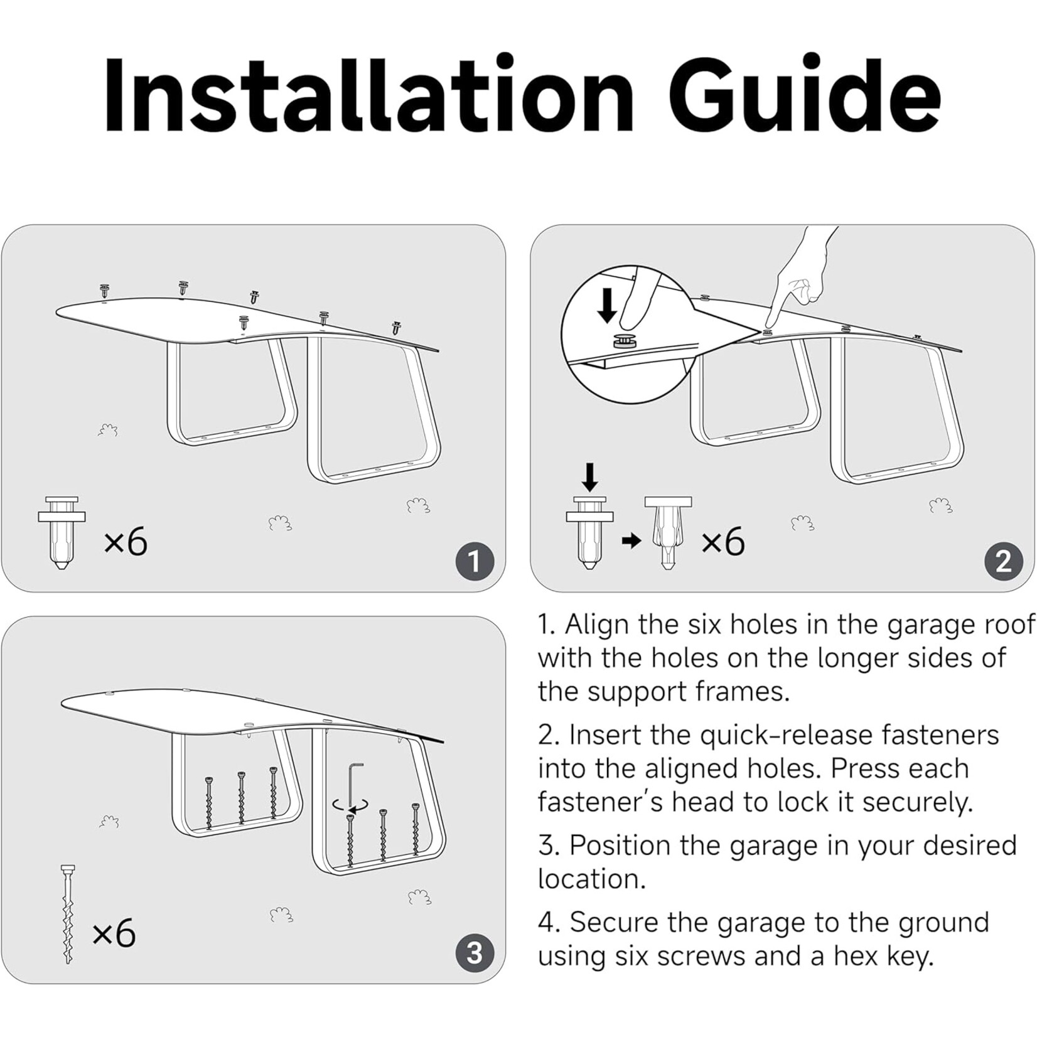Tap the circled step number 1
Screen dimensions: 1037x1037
[x=475, y=561]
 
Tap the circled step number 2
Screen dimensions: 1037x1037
[x=1003, y=561]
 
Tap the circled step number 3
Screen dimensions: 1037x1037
[x=475, y=952]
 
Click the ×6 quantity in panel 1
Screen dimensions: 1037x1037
[x=126, y=541]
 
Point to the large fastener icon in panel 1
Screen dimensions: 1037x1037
[x=62, y=532]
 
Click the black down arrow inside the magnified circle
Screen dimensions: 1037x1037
[x=606, y=305]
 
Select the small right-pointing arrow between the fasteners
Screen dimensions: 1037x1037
[x=631, y=540]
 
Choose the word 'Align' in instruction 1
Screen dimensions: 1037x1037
[x=598, y=625]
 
